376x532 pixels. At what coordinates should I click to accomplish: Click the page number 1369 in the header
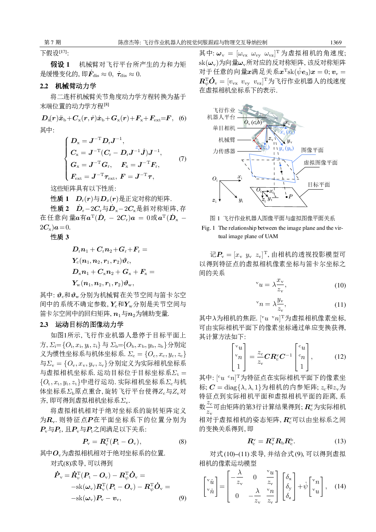(335, 42)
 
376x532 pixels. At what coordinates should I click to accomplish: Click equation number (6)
(182, 118)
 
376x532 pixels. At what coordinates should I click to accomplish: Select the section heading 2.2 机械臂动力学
(68, 86)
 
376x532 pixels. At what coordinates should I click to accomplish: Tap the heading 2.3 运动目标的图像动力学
(82, 324)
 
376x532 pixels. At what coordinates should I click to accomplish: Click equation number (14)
(340, 486)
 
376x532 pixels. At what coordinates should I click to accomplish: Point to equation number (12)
(340, 356)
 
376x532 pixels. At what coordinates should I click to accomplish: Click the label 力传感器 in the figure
(224, 151)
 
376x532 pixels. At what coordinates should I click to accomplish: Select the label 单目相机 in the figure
(224, 128)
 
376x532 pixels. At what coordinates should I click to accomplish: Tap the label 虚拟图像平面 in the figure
(320, 163)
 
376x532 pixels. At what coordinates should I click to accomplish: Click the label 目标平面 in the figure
(319, 185)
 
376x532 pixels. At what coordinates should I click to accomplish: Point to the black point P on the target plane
(286, 197)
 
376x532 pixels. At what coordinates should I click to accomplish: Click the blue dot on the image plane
(280, 165)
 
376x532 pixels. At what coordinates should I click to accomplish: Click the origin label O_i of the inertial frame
(215, 179)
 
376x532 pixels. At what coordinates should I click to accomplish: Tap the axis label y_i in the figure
(241, 200)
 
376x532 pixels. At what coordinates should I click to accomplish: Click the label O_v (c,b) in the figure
(253, 122)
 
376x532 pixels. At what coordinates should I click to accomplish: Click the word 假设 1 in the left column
(60, 64)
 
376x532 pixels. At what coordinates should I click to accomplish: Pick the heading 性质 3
(60, 237)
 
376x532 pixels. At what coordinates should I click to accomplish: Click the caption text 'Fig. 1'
(208, 228)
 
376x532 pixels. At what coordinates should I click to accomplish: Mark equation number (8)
(182, 441)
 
